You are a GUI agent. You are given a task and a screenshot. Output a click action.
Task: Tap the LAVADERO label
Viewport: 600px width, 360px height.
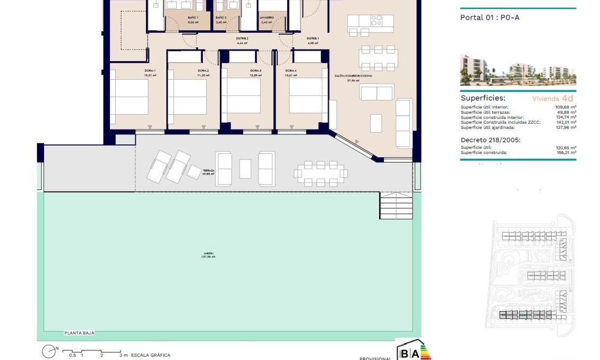267,18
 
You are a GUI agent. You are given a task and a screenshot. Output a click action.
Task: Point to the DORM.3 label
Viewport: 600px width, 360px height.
256,71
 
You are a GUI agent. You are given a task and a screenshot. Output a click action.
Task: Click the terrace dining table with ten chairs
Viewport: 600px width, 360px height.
320,173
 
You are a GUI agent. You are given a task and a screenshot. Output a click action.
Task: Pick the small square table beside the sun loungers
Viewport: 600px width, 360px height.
194,172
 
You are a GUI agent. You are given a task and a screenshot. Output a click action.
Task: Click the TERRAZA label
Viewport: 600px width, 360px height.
208,171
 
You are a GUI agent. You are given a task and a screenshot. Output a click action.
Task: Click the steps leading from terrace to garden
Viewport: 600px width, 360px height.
396,205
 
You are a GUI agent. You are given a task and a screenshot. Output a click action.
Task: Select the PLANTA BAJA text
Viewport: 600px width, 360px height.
79,333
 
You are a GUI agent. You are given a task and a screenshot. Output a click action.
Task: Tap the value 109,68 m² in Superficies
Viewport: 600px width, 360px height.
564,107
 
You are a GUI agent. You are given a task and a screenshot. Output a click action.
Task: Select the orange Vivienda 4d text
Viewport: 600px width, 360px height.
552,98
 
